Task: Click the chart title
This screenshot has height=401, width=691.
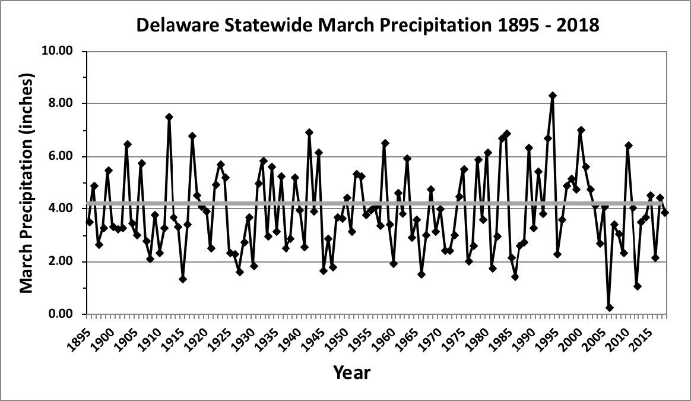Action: [367, 24]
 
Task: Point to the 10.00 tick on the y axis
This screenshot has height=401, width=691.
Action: [56, 51]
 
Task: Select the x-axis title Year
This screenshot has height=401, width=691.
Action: [351, 373]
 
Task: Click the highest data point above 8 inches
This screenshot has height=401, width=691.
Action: [552, 96]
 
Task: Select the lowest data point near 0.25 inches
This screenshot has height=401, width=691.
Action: [609, 308]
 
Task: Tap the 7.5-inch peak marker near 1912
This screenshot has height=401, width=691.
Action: [169, 117]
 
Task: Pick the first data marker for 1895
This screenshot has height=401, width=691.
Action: [90, 222]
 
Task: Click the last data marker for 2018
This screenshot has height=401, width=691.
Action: [665, 213]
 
